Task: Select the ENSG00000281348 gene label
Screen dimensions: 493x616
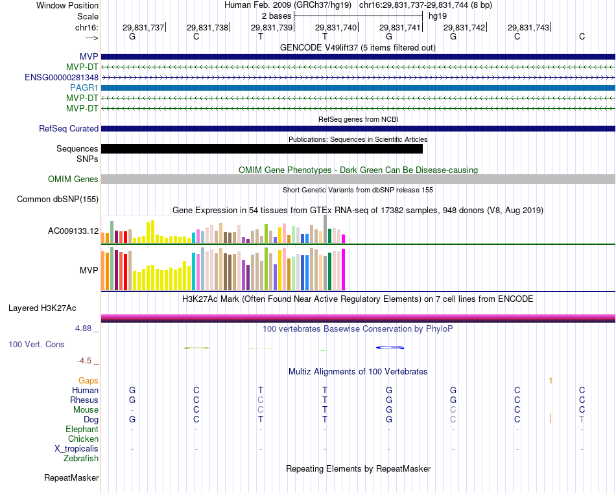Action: (62, 77)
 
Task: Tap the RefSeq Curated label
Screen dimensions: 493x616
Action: (69, 128)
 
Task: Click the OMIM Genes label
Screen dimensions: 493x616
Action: (73, 179)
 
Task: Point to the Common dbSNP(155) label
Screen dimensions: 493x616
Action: (57, 200)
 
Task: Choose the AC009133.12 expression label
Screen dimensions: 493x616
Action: (73, 231)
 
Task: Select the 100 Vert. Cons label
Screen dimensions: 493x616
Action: (36, 344)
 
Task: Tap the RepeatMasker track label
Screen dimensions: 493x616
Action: (71, 478)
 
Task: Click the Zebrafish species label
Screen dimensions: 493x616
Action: (81, 458)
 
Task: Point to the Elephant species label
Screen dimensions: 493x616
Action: (82, 429)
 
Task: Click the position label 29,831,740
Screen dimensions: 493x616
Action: (336, 27)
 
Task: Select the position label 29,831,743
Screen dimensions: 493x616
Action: (528, 27)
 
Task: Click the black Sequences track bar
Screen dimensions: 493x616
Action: (261, 148)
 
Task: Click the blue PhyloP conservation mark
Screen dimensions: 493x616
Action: (390, 348)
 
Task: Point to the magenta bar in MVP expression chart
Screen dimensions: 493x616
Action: (344, 269)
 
